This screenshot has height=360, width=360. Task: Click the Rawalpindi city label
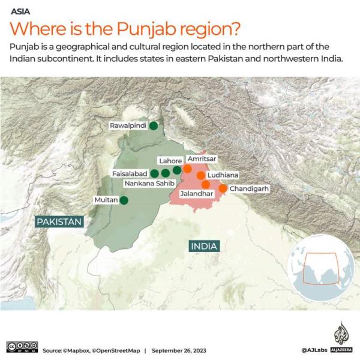[x=128, y=126]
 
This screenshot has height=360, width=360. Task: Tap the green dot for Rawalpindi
[x=154, y=125]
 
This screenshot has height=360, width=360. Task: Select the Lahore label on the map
[x=170, y=161]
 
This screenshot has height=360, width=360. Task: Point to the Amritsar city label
[x=200, y=158]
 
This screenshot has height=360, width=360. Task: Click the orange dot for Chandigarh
[x=223, y=188]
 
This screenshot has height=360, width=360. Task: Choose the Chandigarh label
[x=248, y=188]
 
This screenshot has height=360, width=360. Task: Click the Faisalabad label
[x=130, y=173]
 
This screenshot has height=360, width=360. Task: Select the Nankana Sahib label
[x=150, y=183]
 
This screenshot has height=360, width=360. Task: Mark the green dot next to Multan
[x=124, y=200]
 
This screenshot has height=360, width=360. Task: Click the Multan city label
[x=106, y=200]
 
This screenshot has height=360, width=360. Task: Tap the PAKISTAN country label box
[x=59, y=222]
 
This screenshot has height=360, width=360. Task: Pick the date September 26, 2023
[x=186, y=350]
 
